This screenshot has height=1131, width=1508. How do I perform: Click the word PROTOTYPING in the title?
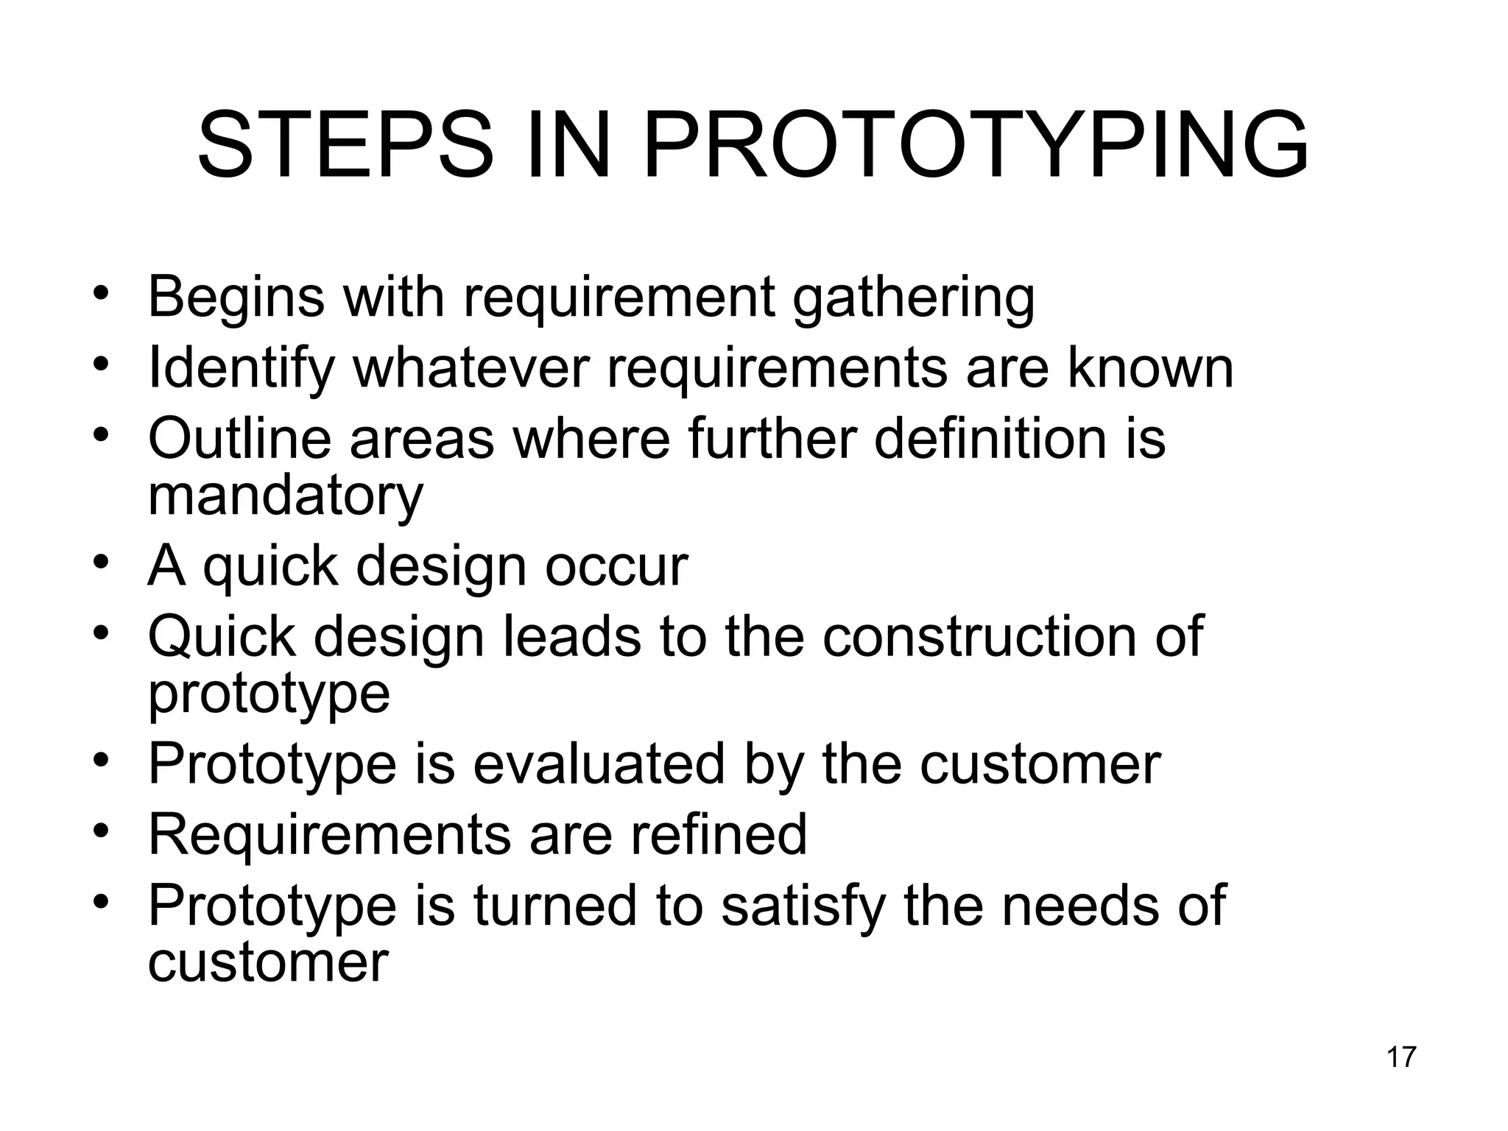coord(976,145)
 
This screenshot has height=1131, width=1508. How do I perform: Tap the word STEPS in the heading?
coord(345,145)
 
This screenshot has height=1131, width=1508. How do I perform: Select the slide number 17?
coord(1401,1057)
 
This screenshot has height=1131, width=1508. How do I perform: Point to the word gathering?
coord(913,297)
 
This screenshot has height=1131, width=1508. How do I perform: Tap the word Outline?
coord(240,439)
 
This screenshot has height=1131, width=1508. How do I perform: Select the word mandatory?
coord(286,496)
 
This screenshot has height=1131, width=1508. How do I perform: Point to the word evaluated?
coord(599,764)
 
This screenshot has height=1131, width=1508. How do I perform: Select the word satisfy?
coord(803,906)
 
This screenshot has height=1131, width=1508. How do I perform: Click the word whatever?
coord(472,368)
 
